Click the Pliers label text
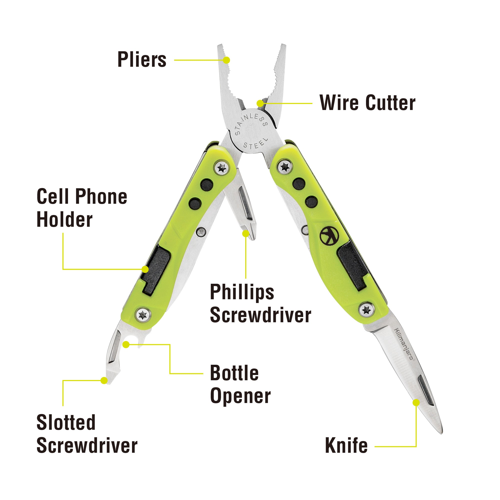click(142, 60)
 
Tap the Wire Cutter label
click(367, 103)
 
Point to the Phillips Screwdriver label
click(260, 303)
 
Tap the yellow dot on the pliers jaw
click(226, 60)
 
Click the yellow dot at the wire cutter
click(260, 103)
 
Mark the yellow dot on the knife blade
click(416, 403)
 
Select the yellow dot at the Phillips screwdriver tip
click(245, 233)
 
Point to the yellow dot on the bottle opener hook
click(126, 344)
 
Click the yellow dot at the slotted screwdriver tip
click(104, 380)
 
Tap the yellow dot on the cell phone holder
click(145, 269)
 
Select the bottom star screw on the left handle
click(143, 315)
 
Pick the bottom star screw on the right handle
click(366, 310)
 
